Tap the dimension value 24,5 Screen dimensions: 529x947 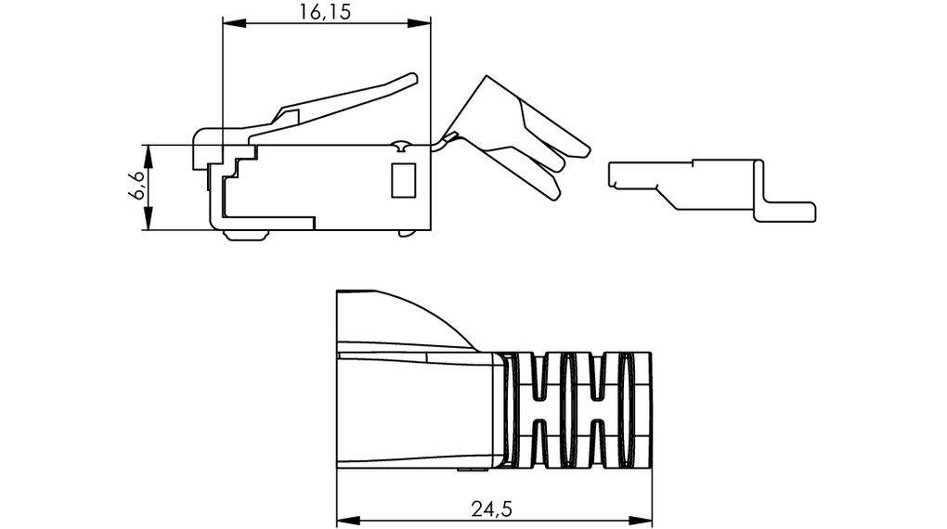pos(493,509)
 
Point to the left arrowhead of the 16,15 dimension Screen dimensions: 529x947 pos(229,23)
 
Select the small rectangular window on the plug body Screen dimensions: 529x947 pos(403,180)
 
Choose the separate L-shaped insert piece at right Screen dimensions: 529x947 pos(706,186)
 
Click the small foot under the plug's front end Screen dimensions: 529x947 pos(246,235)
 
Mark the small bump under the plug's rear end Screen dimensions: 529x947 pos(407,233)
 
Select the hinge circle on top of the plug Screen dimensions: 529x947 pos(400,147)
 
